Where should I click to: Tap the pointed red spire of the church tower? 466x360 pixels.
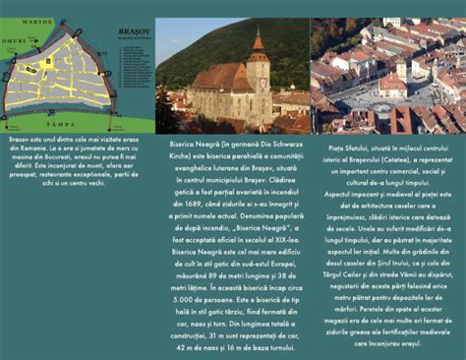[258, 42]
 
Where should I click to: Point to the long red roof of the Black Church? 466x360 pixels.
[220, 77]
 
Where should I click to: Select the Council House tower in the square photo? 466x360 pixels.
[401, 71]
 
